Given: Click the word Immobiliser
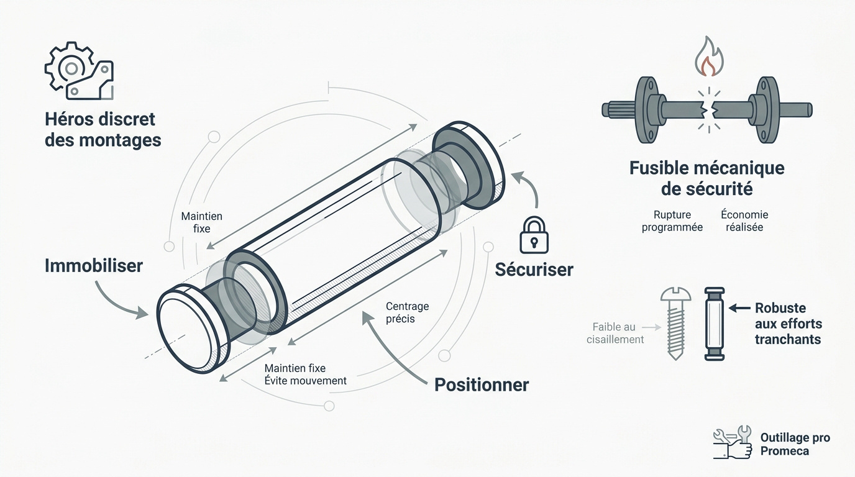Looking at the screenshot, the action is [94, 266].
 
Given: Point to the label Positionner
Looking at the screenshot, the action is [482, 384].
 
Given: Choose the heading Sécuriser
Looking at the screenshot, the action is [534, 270].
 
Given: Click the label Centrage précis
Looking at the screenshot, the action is [407, 312].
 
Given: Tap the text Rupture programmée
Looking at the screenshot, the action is [672, 221].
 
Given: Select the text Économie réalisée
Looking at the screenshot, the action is [744, 221].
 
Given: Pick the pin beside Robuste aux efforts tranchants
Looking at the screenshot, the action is [714, 324].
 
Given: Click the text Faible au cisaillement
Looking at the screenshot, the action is [615, 333].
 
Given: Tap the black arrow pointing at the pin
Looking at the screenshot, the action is [739, 307].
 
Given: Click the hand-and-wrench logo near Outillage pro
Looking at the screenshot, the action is [733, 442].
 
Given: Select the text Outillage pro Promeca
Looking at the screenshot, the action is [795, 444].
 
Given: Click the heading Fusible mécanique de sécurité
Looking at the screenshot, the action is [707, 178].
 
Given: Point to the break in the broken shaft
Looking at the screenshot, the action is [709, 110].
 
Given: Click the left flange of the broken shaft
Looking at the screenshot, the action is [647, 110].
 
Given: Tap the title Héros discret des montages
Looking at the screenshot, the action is [103, 130].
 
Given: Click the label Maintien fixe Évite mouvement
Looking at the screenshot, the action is [305, 375].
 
